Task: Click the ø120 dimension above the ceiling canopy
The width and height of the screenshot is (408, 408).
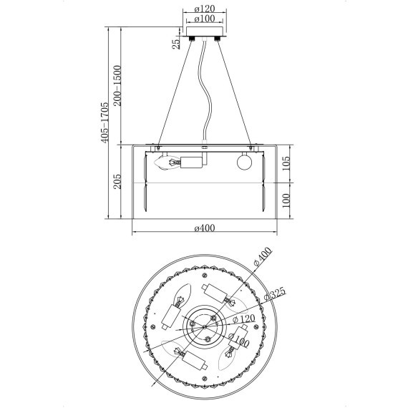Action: (x=205, y=9)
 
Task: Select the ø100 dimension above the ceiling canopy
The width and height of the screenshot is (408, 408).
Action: (x=205, y=19)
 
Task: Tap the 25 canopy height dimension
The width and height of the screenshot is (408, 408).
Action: (x=176, y=44)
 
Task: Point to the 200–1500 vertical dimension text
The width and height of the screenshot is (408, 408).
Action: (x=117, y=86)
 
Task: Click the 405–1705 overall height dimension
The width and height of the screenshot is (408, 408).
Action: (x=105, y=122)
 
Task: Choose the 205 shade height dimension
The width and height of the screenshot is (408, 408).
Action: (x=117, y=181)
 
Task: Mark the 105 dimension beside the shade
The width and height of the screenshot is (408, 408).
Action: (x=286, y=163)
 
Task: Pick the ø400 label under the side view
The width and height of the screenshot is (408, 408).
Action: (x=205, y=228)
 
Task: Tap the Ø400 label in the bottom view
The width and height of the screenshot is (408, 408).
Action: (x=263, y=256)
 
